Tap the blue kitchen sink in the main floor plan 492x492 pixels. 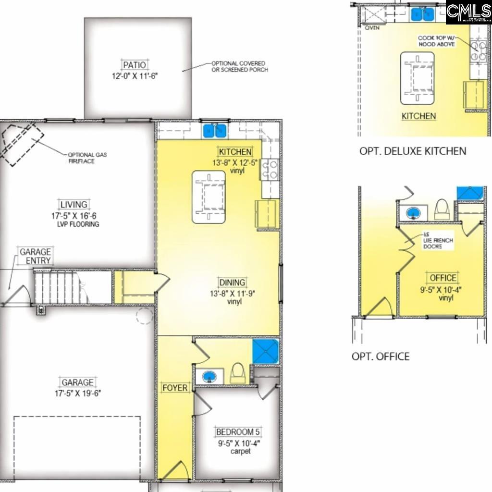[215, 130]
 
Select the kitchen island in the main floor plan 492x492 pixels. [209, 197]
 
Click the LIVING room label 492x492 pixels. [74, 204]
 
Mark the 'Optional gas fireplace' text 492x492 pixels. [87, 158]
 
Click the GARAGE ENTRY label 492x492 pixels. [35, 256]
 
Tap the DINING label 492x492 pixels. [232, 283]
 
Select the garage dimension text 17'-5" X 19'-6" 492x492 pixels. [77, 393]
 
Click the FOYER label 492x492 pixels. [175, 388]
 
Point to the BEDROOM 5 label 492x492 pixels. [238, 431]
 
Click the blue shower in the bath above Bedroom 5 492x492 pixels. [266, 351]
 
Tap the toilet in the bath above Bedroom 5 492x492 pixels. [236, 373]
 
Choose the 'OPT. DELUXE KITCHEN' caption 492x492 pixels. [412, 151]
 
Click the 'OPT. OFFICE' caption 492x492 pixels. [381, 357]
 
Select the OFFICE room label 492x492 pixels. [443, 278]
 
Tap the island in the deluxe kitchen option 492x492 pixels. [418, 78]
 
